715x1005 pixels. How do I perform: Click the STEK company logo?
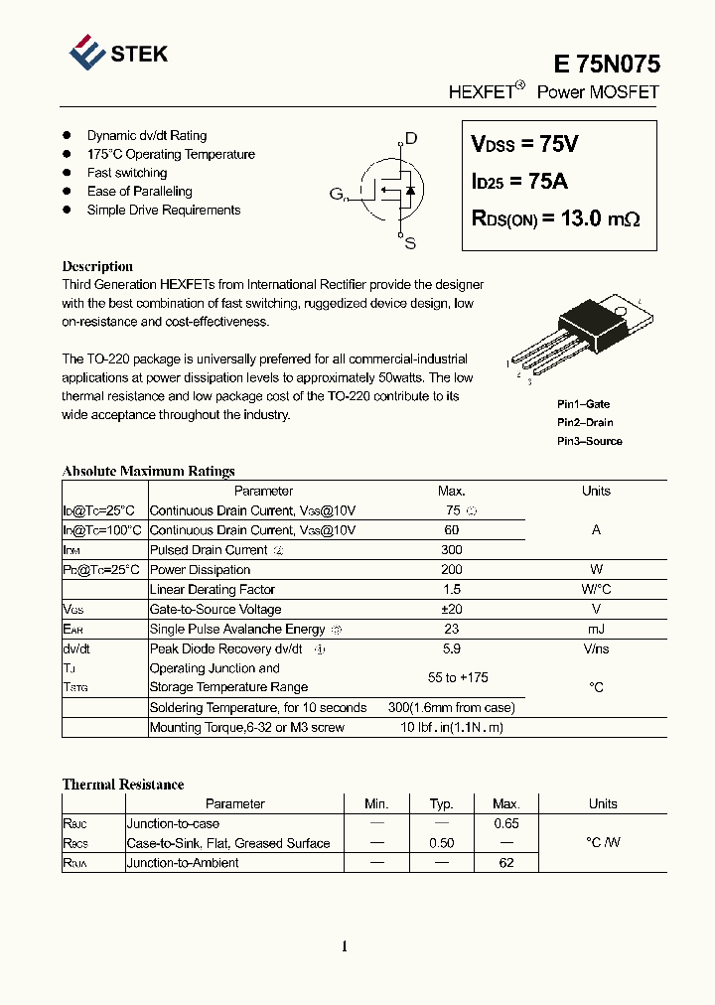(x=118, y=53)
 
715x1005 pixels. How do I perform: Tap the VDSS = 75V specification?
(x=524, y=145)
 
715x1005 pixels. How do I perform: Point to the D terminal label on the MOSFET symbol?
(x=410, y=139)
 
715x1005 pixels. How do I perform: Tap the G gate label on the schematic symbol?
(x=337, y=194)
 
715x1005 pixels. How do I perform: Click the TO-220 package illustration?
(x=576, y=338)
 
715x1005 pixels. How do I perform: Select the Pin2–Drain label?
(x=585, y=423)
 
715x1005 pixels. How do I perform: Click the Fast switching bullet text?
(x=127, y=173)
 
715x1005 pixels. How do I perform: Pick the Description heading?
(x=97, y=266)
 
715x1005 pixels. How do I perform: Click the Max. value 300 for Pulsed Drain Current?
(x=451, y=550)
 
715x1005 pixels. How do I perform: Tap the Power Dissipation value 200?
(x=451, y=570)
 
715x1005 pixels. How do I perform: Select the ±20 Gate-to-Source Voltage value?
(x=451, y=610)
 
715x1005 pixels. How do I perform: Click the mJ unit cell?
(x=596, y=630)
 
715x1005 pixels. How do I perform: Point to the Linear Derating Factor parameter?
(x=213, y=590)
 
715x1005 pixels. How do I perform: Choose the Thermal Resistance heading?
(x=123, y=785)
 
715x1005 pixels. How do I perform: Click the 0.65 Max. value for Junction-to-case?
(x=506, y=823)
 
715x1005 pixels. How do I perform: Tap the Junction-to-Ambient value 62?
(x=506, y=863)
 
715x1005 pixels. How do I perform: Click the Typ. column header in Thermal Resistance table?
(x=441, y=804)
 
